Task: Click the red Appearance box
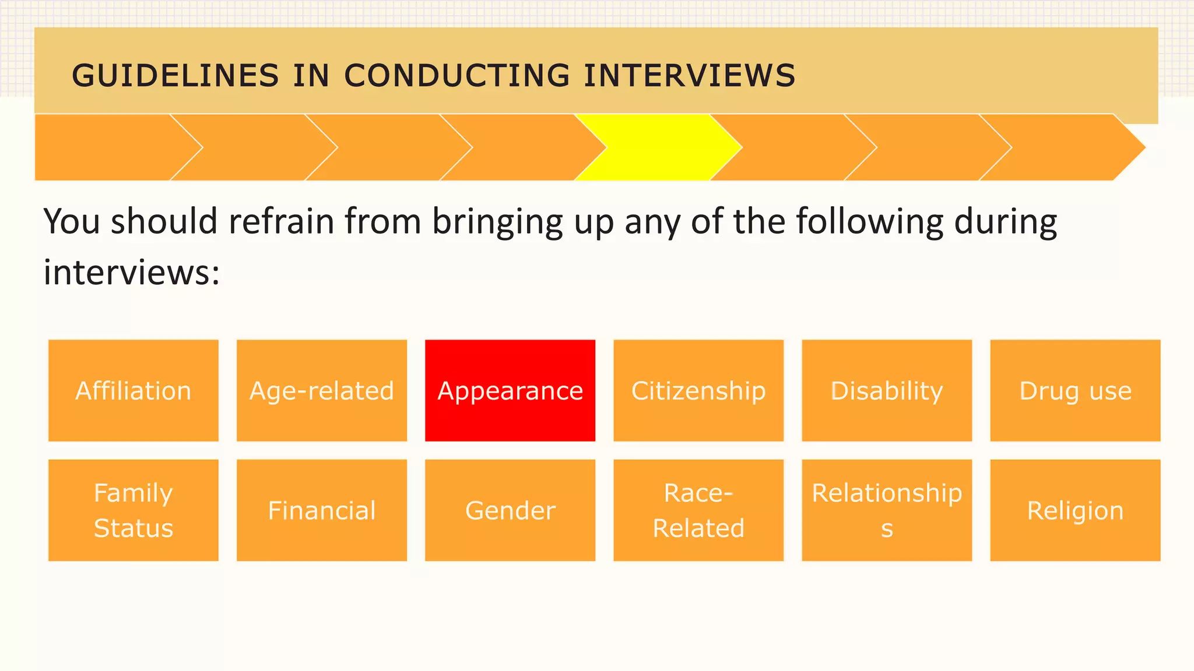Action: [x=510, y=390]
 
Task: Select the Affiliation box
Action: [x=134, y=390]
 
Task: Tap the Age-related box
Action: [x=322, y=390]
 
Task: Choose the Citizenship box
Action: [x=698, y=390]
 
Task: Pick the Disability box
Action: [x=887, y=390]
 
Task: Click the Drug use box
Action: [x=1075, y=390]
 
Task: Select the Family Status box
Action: [x=134, y=510]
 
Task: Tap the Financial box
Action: [x=322, y=510]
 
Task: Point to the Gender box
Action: [x=510, y=510]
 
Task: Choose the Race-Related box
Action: [x=698, y=510]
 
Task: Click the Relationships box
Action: [x=887, y=510]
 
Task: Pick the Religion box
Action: [x=1075, y=510]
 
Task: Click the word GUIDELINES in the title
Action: [x=175, y=76]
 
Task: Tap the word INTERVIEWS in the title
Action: [x=690, y=76]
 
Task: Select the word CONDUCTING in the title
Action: [x=457, y=76]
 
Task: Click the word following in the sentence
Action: [x=869, y=222]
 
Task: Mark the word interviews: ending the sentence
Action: [x=132, y=273]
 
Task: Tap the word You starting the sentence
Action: [x=72, y=222]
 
